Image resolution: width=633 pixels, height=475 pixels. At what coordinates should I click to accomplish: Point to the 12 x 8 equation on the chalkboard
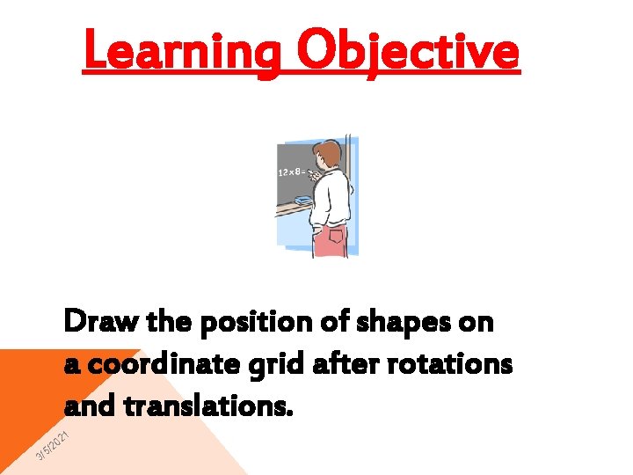click(x=293, y=172)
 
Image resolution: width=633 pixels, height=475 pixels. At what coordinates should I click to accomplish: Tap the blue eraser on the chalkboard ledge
click(x=302, y=201)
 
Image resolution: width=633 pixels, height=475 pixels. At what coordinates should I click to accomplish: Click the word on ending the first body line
click(x=476, y=324)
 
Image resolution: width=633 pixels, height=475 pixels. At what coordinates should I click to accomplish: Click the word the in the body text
click(x=168, y=323)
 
